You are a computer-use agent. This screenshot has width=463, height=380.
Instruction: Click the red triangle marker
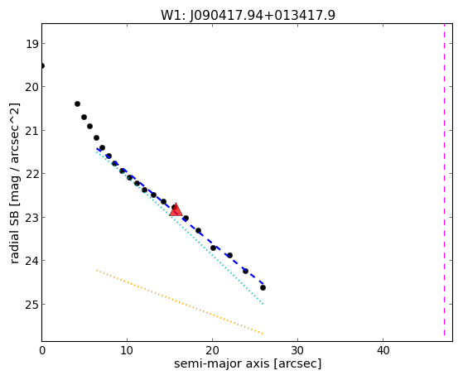pyautogui.click(x=176, y=210)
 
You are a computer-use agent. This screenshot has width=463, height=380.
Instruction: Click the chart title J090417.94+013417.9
pyautogui.click(x=248, y=16)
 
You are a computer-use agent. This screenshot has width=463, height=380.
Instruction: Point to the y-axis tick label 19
pyautogui.click(x=32, y=44)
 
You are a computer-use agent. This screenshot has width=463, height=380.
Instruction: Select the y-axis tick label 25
pyautogui.click(x=32, y=305)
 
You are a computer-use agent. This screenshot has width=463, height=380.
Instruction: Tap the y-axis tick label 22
pyautogui.click(x=32, y=174)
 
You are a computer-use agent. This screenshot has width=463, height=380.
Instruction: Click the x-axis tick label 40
pyautogui.click(x=383, y=350)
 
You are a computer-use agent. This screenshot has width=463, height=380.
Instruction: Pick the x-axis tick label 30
pyautogui.click(x=297, y=350)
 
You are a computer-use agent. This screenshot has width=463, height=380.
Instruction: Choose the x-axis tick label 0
pyautogui.click(x=42, y=350)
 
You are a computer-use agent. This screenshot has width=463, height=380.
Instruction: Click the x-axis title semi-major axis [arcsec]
pyautogui.click(x=248, y=363)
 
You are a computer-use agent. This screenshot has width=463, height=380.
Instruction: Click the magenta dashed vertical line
pyautogui.click(x=444, y=180)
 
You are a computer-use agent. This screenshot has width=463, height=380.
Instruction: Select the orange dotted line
pyautogui.click(x=180, y=301)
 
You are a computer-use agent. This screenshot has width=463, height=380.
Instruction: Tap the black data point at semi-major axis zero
pyautogui.click(x=42, y=65)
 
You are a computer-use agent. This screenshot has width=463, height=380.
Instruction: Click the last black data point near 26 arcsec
pyautogui.click(x=263, y=287)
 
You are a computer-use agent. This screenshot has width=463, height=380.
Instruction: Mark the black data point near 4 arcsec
pyautogui.click(x=77, y=104)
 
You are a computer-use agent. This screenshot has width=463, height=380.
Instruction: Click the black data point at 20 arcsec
pyautogui.click(x=213, y=248)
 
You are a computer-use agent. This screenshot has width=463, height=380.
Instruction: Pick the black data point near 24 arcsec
pyautogui.click(x=245, y=271)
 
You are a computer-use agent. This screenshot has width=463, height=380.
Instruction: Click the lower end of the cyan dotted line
pyautogui.click(x=263, y=304)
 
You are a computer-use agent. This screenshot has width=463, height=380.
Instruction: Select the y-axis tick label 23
pyautogui.click(x=32, y=217)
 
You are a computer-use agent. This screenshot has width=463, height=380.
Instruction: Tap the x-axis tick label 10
pyautogui.click(x=127, y=350)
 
